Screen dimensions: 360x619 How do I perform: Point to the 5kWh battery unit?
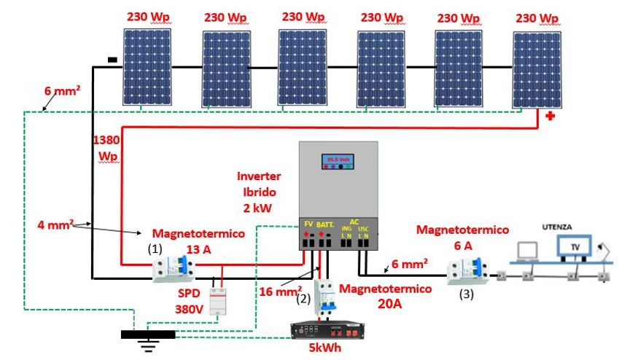[x=316, y=337]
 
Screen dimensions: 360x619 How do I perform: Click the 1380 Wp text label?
[x=106, y=146]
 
